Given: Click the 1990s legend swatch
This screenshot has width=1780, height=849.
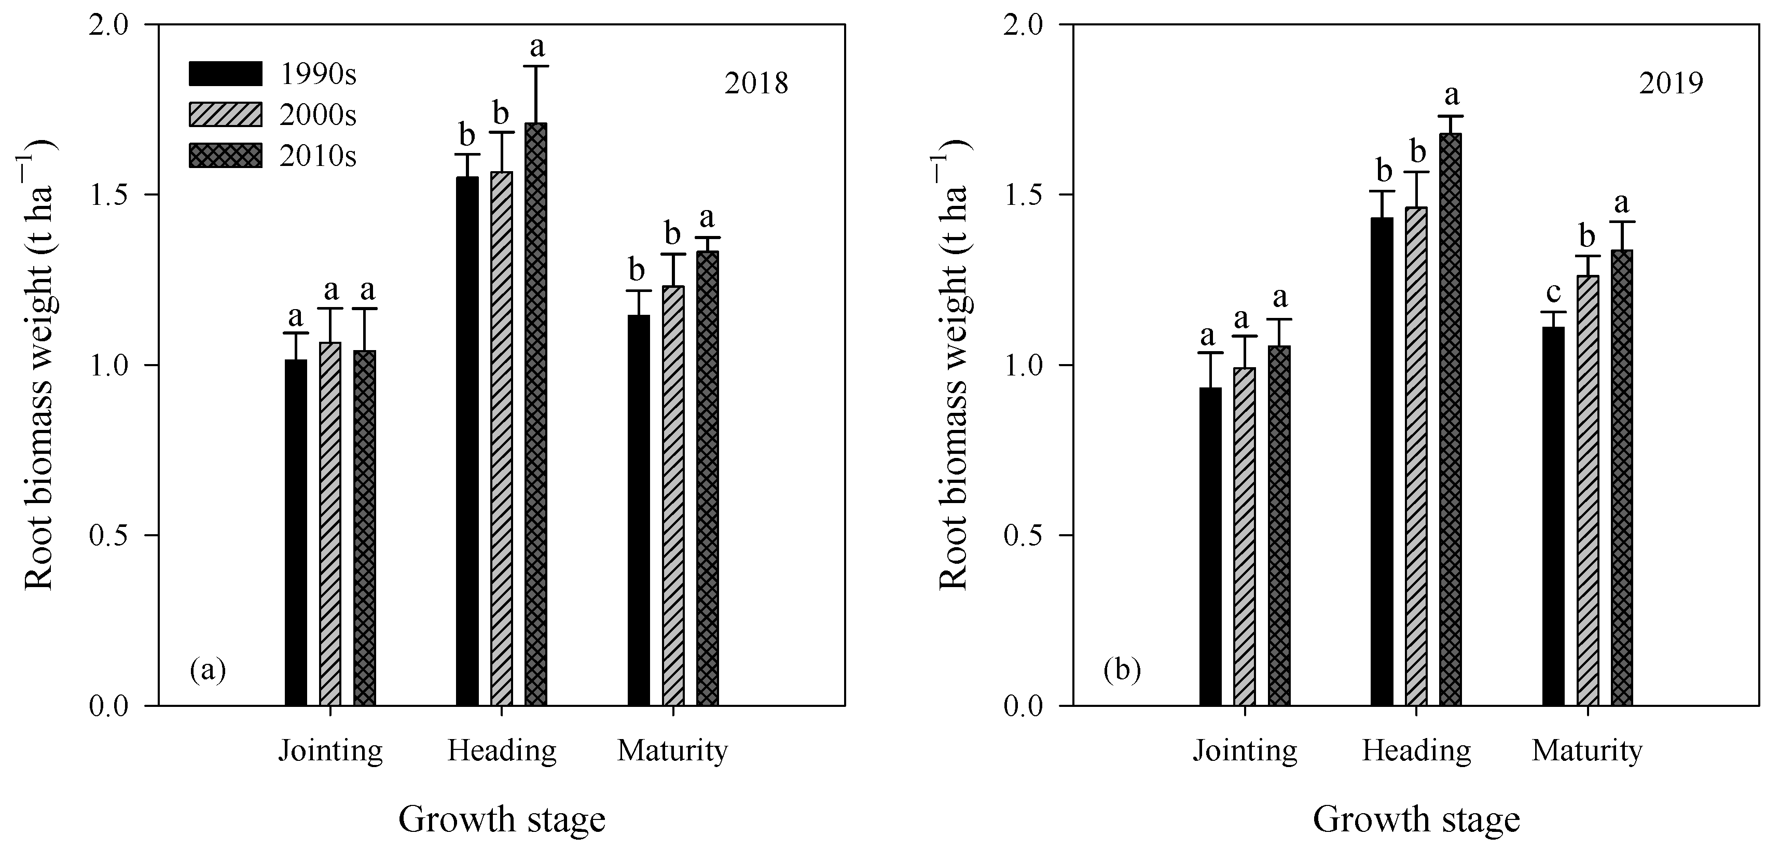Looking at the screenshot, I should [225, 73].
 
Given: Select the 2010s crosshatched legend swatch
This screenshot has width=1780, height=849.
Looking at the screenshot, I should [225, 156].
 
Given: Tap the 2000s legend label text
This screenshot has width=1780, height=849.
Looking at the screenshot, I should [318, 115].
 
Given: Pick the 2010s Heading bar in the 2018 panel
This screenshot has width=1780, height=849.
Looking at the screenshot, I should [535, 414].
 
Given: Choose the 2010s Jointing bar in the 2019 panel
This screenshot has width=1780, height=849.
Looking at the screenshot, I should [1278, 525].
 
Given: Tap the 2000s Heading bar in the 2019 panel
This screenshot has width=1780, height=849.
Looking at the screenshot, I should [1416, 456].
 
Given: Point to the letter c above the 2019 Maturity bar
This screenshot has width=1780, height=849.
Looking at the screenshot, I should [1553, 293].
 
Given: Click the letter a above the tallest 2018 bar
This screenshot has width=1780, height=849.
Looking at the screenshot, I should [536, 47].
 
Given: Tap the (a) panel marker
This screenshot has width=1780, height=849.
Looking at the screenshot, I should [208, 670].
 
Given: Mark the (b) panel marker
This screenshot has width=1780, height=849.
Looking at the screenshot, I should [1122, 670].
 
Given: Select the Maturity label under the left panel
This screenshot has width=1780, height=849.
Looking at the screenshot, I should [672, 751].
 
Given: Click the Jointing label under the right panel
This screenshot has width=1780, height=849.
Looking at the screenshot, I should [1245, 751].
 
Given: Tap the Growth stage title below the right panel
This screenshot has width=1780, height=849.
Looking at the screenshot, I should [1416, 820].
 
